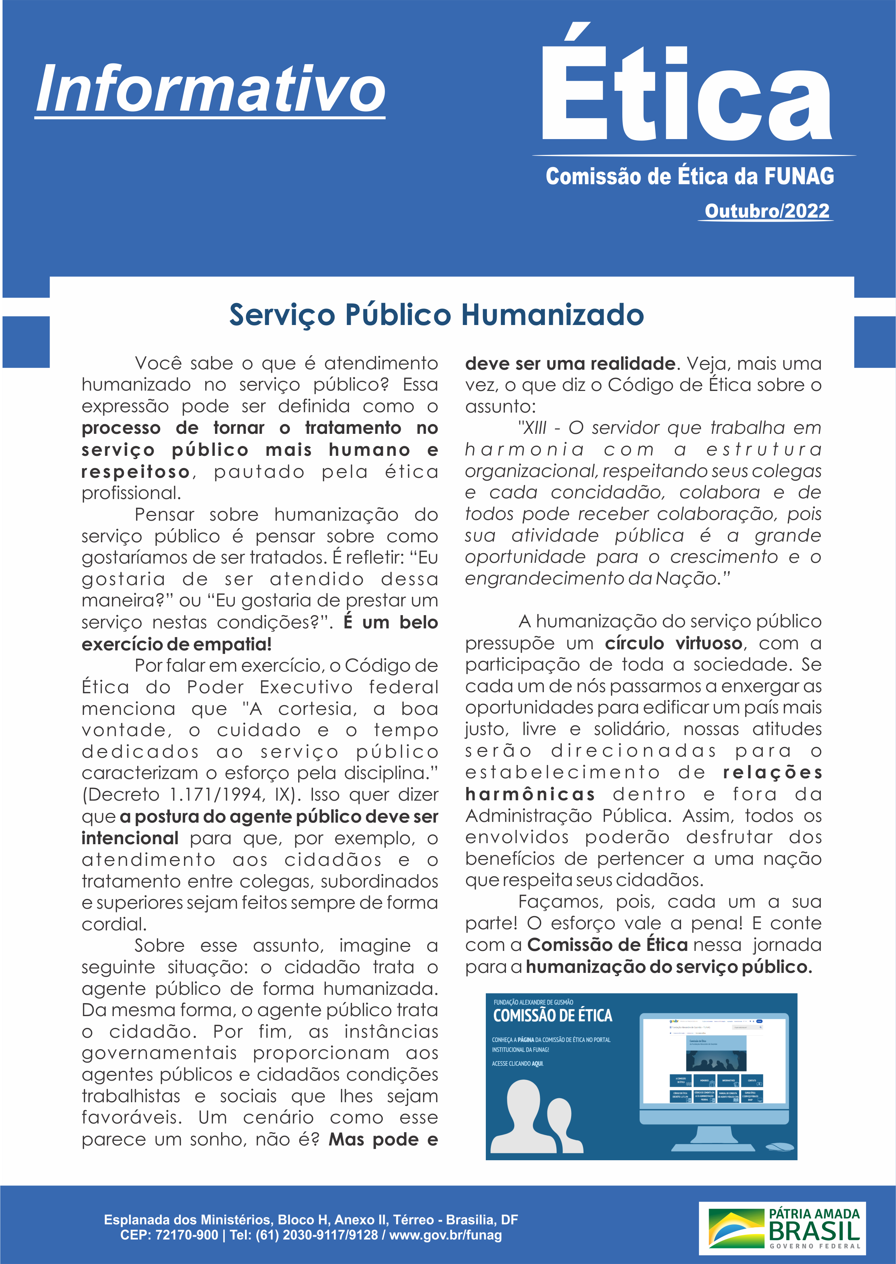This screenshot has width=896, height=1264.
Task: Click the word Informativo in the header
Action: pos(210,88)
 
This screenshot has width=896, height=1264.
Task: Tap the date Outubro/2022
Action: pos(767,211)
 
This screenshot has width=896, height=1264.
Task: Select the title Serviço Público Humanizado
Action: pos(436,315)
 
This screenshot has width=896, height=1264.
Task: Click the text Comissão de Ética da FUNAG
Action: pos(690,177)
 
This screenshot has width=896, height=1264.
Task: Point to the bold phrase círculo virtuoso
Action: pos(673,644)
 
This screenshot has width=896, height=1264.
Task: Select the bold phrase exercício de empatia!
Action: pos(176,644)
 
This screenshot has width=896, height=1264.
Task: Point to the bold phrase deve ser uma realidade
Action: pos(570,364)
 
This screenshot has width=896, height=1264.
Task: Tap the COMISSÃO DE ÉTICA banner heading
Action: pos(552,1016)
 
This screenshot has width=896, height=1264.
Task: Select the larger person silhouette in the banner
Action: pos(524,1118)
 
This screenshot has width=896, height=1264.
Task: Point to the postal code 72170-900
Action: pos(187,1235)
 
